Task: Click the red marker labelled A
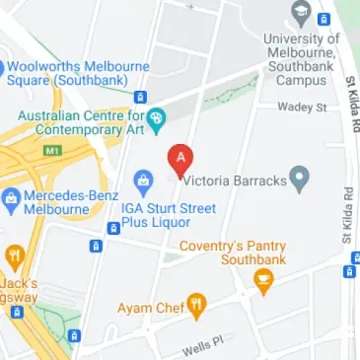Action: coord(180,159)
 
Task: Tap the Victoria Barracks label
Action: coord(233,180)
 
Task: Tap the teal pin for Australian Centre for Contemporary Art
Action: coord(158,116)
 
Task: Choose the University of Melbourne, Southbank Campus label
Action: coord(302,59)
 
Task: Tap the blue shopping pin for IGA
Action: coord(144,182)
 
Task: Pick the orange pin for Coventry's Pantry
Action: coord(263,282)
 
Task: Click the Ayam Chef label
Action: coord(150,308)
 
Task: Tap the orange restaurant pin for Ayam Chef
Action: coord(197,307)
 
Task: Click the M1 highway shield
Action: coord(53,151)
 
